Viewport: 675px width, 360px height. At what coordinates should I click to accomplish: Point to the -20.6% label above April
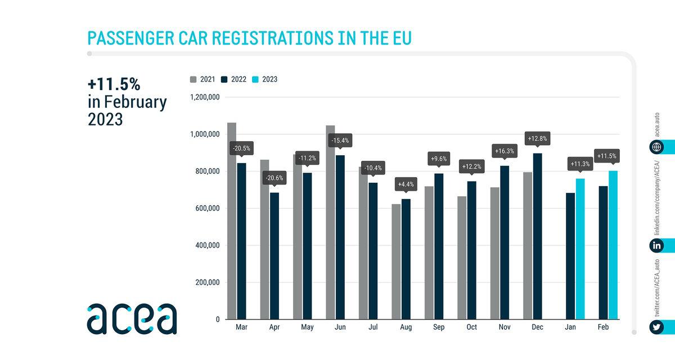[274, 178]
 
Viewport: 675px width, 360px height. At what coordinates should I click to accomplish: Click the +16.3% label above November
[504, 151]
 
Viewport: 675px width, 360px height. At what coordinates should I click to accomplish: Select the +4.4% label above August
[406, 184]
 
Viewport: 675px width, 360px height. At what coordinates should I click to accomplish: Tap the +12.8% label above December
[537, 138]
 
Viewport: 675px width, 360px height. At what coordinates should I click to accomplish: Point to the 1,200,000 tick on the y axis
[204, 97]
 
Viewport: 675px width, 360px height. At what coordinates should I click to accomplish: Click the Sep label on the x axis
[438, 326]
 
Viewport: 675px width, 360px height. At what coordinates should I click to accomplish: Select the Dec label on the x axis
[537, 326]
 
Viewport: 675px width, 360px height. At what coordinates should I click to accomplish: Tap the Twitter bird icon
[656, 327]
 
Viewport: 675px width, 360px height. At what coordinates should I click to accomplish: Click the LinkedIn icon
[656, 245]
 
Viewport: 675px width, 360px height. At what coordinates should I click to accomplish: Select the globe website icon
[656, 147]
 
